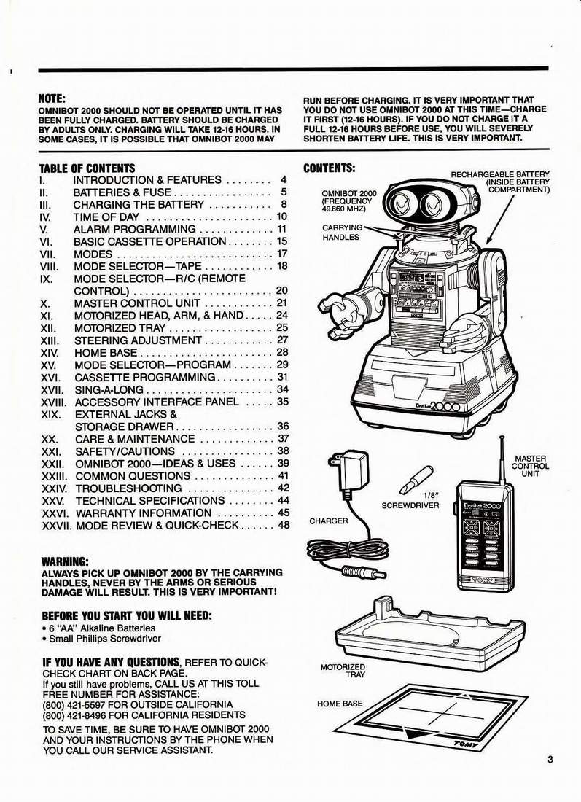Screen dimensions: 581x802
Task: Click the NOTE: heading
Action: [52, 98]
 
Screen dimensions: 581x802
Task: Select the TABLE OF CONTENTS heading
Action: [87, 168]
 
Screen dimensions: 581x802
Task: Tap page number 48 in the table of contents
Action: [284, 525]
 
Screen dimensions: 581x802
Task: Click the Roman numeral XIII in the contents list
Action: [50, 340]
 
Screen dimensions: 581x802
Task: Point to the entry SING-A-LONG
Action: [109, 390]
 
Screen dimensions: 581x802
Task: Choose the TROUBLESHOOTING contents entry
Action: [128, 488]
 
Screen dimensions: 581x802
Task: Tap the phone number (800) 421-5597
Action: [70, 704]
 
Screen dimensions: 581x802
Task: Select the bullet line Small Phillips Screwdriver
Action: [102, 639]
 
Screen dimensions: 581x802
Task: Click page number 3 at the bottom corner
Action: [550, 760]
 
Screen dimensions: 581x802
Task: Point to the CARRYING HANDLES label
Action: [341, 232]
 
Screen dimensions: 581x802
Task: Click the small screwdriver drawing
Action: [416, 478]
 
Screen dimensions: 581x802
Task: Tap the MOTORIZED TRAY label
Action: [343, 671]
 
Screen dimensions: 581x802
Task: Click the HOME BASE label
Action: [340, 704]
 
